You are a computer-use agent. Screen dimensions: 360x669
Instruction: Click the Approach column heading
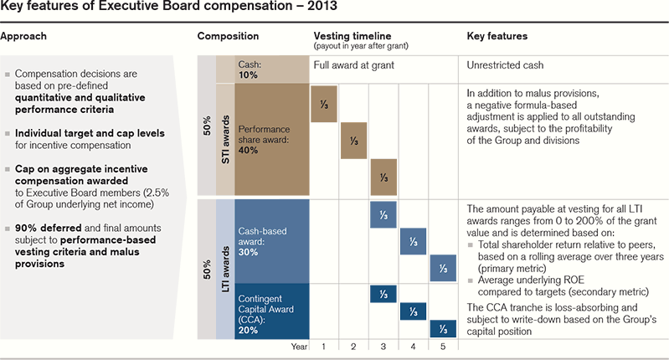(24, 37)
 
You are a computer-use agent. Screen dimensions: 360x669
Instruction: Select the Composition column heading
(228, 37)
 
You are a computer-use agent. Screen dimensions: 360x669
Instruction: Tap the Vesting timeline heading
(352, 37)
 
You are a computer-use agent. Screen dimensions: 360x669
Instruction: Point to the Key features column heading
(498, 37)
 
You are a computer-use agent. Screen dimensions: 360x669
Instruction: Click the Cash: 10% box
(260, 69)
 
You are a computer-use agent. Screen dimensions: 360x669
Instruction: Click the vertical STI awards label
(225, 137)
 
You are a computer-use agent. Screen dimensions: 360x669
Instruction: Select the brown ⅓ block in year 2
(353, 140)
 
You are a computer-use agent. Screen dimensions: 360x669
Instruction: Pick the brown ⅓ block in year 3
(383, 177)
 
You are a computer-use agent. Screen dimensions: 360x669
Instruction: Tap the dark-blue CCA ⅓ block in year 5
(443, 329)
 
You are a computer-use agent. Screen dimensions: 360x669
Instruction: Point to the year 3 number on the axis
(383, 345)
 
